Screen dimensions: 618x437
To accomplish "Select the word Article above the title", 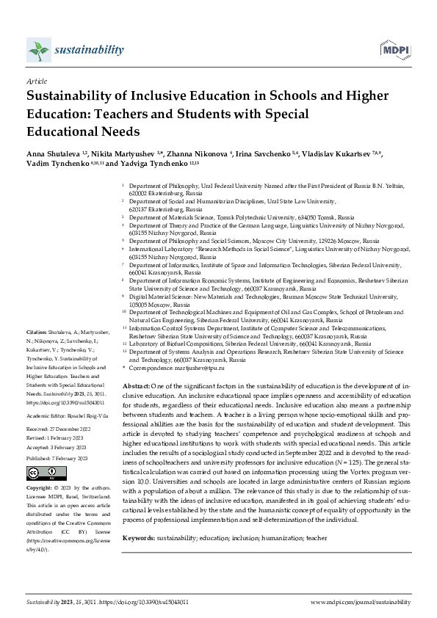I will [x=36, y=81].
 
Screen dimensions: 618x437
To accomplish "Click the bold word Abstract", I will [x=137, y=385].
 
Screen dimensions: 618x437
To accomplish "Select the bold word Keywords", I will [x=139, y=517].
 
